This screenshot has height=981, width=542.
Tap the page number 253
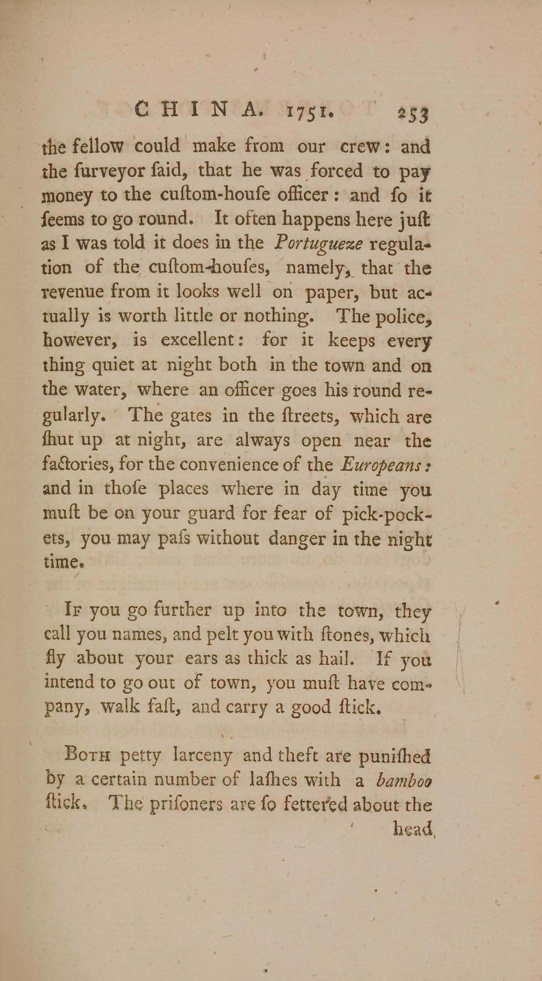pos(414,114)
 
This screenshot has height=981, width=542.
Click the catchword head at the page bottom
pos(414,829)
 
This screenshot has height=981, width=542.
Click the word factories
pos(79,465)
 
